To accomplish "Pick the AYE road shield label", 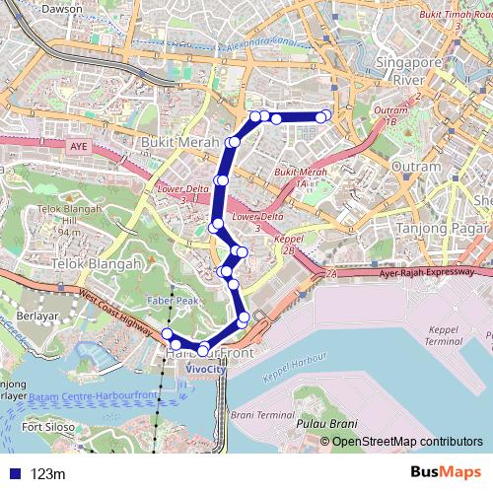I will (79, 147).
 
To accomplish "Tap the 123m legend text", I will (46, 474).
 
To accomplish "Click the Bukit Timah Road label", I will (454, 16).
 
